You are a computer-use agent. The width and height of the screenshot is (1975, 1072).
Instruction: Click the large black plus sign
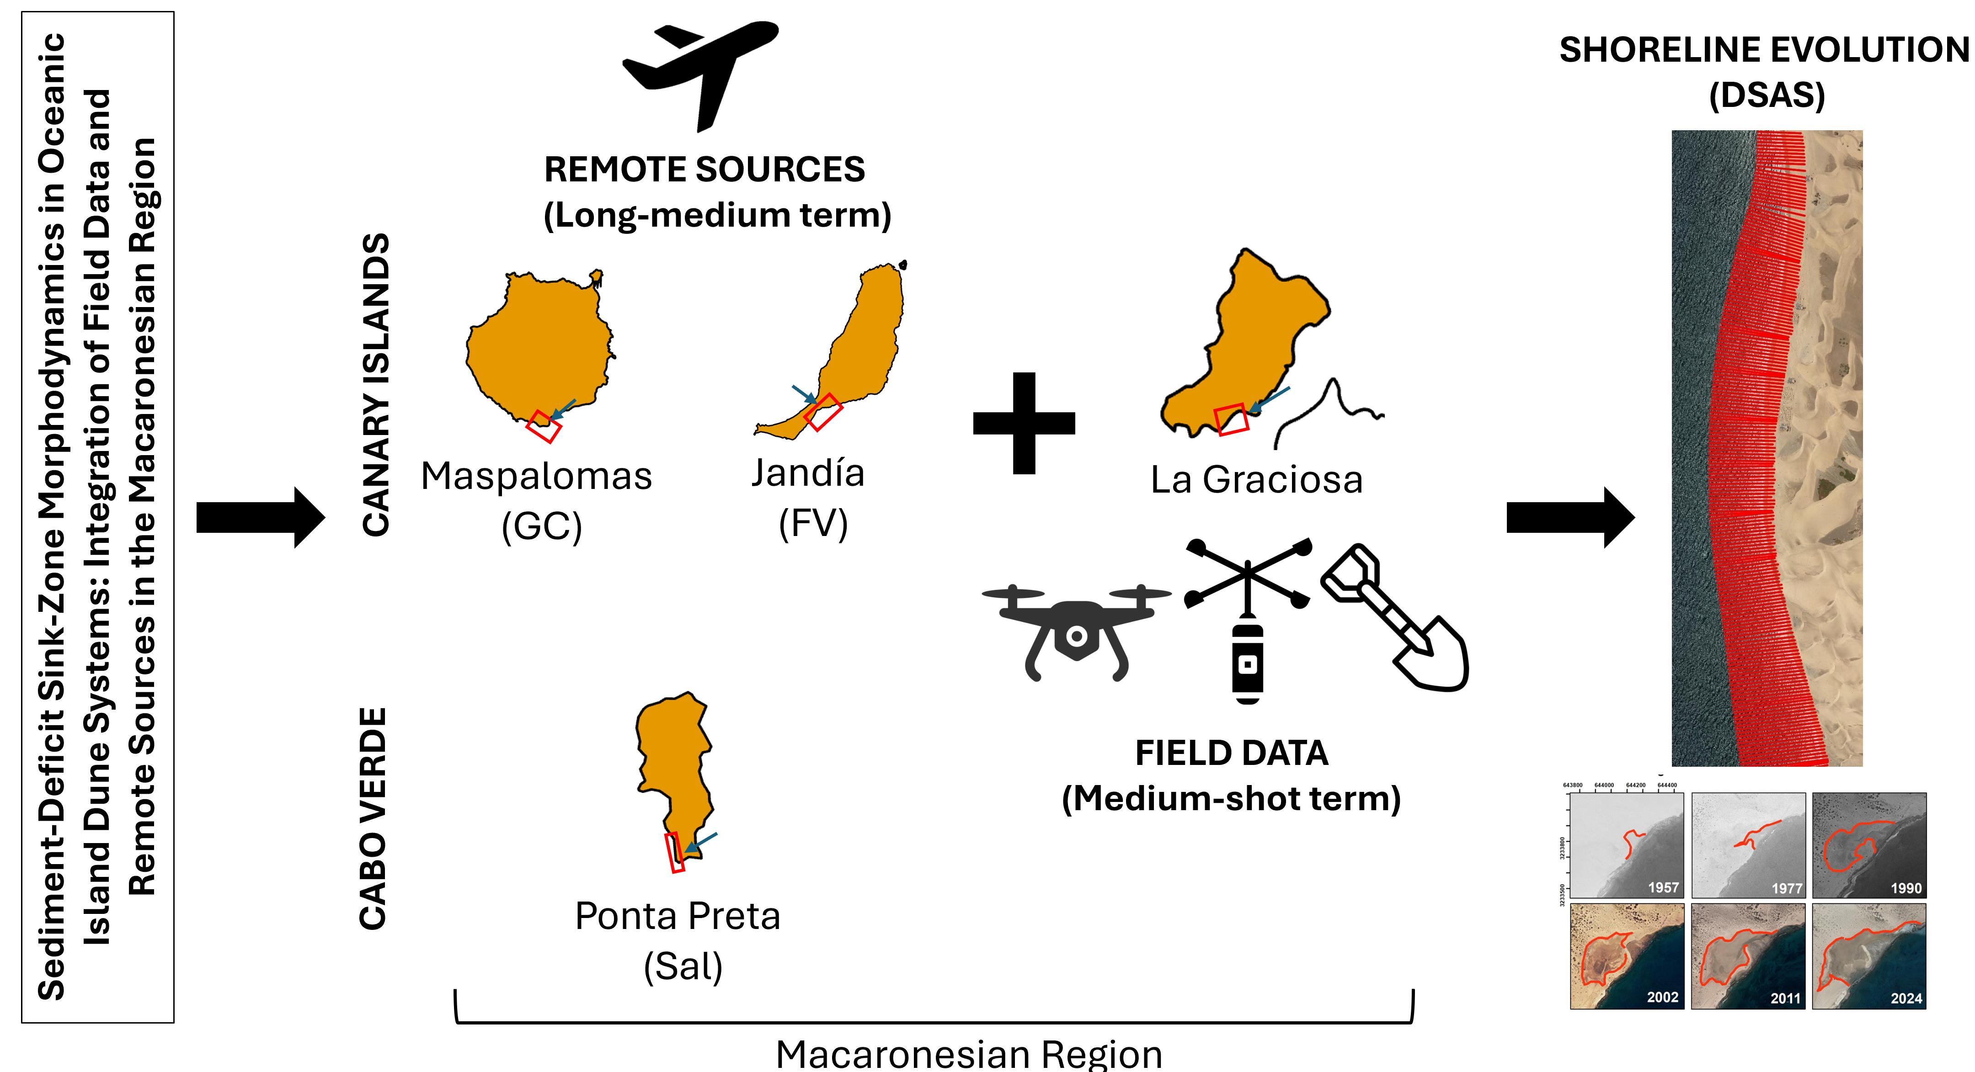pos(1024,423)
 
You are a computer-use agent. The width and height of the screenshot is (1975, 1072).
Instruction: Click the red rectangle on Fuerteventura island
pos(824,412)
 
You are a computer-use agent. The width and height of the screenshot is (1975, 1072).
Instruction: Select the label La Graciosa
pos(1257,480)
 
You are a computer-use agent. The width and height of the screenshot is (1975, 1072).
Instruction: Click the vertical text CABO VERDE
pos(374,818)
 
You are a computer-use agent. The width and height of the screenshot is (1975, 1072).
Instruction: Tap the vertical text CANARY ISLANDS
pos(376,385)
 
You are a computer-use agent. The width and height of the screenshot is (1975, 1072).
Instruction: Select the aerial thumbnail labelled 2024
pos(1868,955)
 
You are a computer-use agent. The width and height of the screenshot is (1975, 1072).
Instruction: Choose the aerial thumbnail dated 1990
pos(1868,845)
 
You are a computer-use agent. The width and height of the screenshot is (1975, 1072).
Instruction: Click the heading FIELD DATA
pos(1231,753)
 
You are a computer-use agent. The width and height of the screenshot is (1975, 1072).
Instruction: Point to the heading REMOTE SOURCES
pos(705,170)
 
